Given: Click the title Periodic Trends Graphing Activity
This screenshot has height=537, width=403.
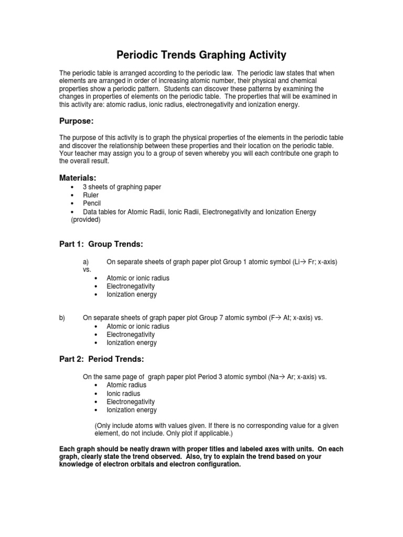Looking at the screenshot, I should pos(201,55).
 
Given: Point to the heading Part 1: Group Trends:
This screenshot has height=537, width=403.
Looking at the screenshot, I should pos(101,244).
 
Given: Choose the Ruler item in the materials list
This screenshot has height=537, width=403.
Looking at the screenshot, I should pos(91,195).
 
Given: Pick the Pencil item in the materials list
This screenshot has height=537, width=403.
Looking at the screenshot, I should pos(91,203).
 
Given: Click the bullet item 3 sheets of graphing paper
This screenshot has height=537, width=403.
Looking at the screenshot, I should pos(122,187).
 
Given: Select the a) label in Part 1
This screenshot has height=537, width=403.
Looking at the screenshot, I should pos(87,261).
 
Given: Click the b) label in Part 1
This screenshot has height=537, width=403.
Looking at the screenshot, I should pos(62,318).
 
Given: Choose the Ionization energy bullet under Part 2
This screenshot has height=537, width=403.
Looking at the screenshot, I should pos(132,410).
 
